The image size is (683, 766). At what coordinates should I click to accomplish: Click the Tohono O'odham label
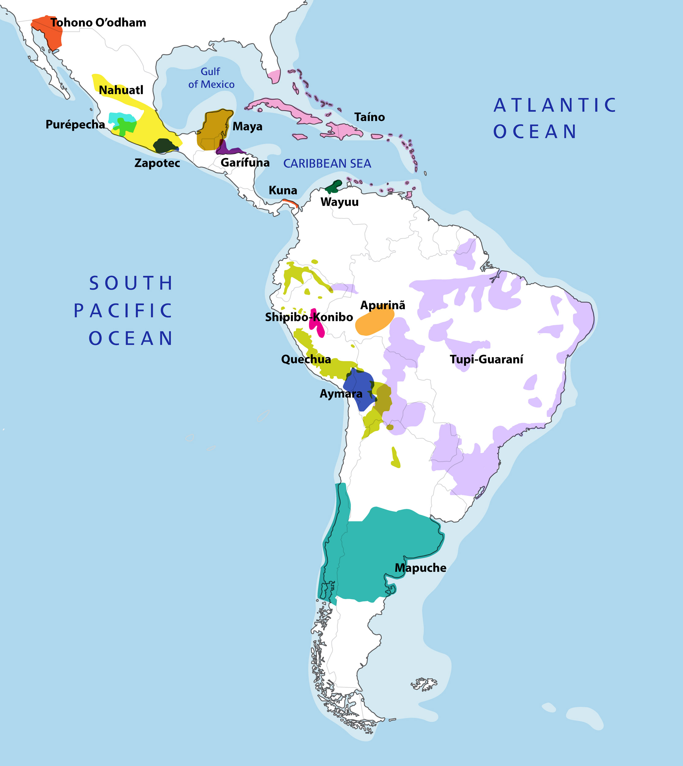98,23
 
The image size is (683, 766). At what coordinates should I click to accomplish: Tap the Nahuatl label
121,90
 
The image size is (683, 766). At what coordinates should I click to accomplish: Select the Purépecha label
75,124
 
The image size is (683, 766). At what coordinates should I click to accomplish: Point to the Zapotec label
157,163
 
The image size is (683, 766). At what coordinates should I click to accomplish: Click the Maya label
247,127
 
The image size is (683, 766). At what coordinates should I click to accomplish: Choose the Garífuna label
245,163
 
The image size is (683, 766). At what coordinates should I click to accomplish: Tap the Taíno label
370,117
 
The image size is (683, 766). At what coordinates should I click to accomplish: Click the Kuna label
283,190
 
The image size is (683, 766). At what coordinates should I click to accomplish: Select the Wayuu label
339,202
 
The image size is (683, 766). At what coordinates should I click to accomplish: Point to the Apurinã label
383,305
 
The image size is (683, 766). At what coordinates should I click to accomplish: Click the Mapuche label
420,568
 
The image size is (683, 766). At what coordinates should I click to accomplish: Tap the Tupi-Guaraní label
486,359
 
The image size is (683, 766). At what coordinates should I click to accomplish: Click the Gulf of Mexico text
211,78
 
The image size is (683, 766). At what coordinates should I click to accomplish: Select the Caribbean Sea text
327,164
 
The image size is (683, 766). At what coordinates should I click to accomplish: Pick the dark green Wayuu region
333,186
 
